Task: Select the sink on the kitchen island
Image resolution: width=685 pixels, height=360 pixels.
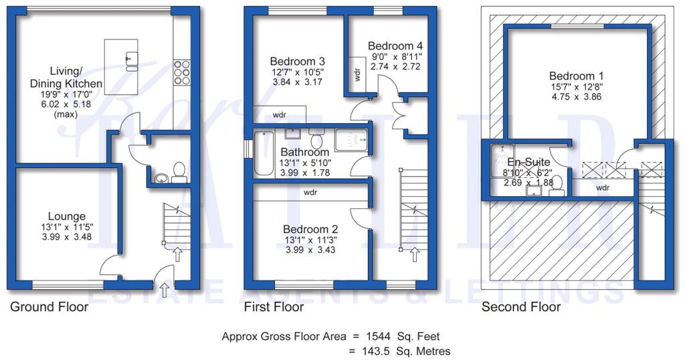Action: click(x=131, y=60)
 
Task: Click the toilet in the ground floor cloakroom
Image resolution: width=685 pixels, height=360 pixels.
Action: click(x=179, y=172)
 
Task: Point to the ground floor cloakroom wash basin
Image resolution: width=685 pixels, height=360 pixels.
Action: click(x=161, y=178)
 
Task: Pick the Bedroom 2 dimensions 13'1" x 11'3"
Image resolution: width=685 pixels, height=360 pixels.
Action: click(x=308, y=239)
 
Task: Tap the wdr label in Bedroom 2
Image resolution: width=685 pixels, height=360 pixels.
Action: click(x=310, y=192)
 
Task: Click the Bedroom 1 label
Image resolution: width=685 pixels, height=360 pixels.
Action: click(x=571, y=76)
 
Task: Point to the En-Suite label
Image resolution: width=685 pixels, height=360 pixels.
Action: click(x=528, y=162)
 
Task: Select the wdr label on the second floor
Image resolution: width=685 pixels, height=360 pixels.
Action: click(x=602, y=188)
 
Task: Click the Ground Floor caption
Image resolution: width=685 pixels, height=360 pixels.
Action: click(x=49, y=307)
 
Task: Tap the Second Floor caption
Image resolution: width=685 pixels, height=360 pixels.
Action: click(x=520, y=307)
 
